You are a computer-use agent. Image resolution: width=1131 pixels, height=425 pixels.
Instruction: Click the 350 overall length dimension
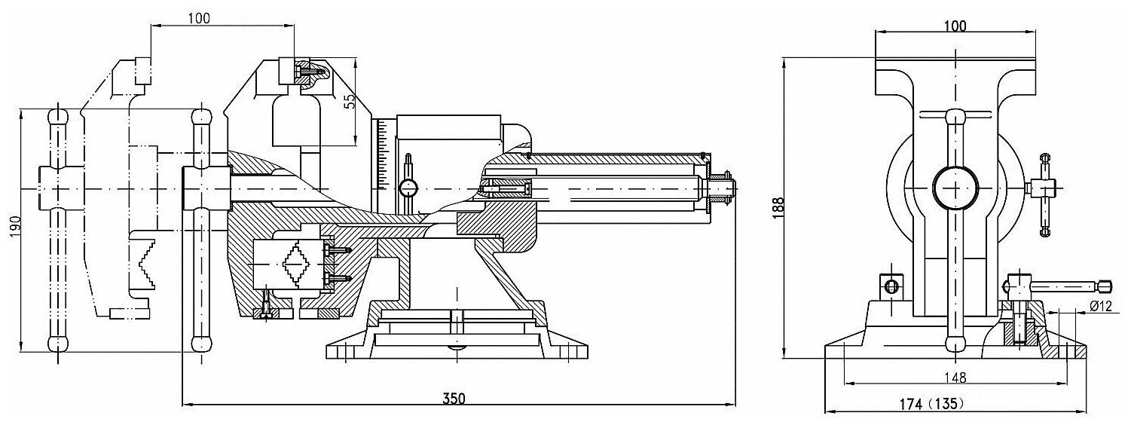(x=455, y=399)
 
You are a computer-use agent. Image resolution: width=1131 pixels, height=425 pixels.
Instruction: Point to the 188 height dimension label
(x=778, y=206)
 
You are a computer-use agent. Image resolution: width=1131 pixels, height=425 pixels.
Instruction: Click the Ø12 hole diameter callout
(x=1101, y=306)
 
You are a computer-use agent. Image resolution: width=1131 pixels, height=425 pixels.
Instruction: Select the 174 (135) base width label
(x=931, y=405)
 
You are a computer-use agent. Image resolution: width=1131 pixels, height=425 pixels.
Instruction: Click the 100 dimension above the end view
(x=954, y=25)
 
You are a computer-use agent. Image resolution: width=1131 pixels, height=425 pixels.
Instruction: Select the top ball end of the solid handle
(x=200, y=119)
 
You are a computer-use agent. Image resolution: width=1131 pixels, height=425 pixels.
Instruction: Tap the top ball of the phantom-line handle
(x=58, y=118)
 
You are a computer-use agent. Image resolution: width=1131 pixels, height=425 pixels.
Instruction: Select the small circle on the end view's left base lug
(x=891, y=286)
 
